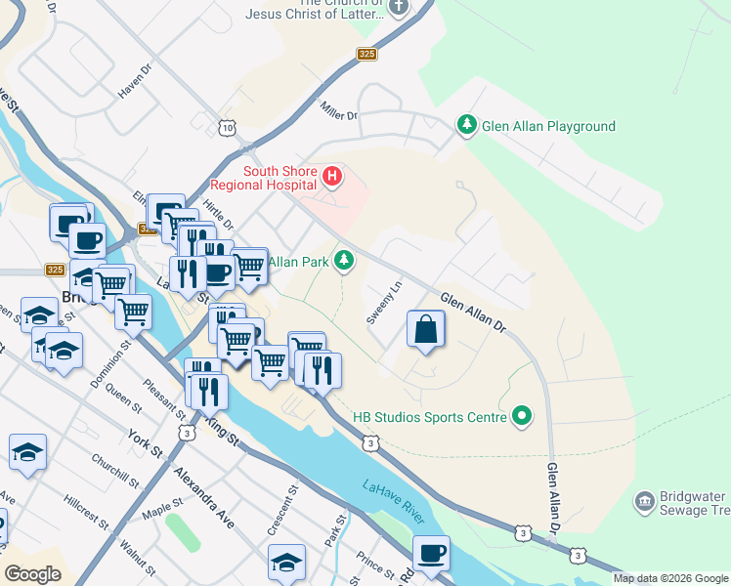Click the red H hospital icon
(x=332, y=178)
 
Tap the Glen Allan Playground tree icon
(x=467, y=126)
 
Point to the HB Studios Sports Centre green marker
(x=523, y=417)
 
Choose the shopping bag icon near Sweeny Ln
(x=426, y=329)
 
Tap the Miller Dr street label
(x=339, y=114)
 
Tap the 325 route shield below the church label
(x=366, y=55)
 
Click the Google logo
(x=32, y=574)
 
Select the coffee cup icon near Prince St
(x=431, y=554)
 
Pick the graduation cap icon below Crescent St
(x=286, y=563)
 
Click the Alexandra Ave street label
(x=204, y=497)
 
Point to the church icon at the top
(x=398, y=8)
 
